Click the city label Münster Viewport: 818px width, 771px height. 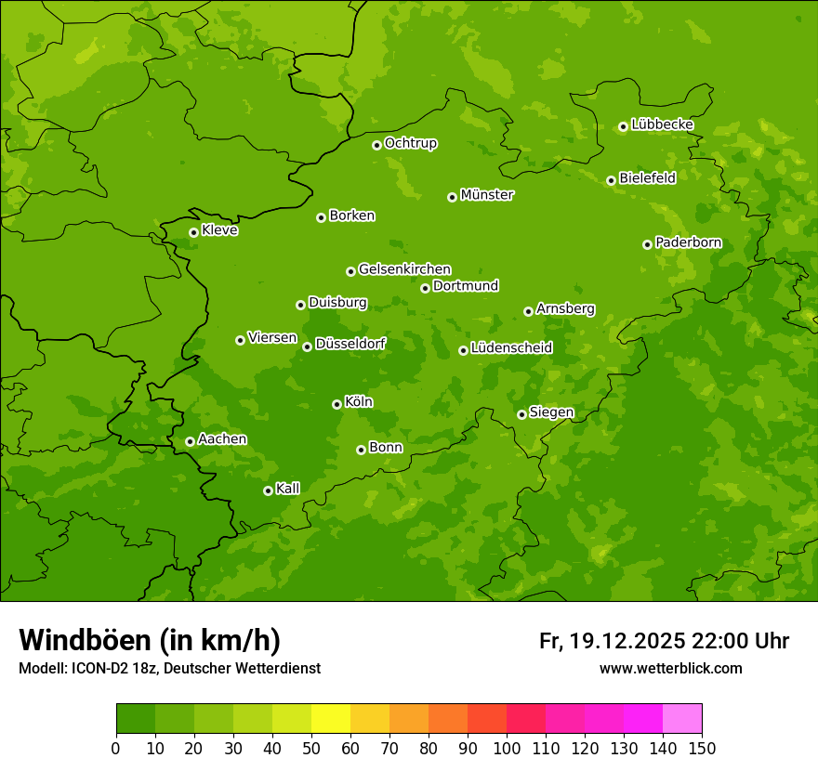(x=487, y=195)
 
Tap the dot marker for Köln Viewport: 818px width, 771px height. (x=336, y=404)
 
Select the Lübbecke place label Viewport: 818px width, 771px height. (x=662, y=124)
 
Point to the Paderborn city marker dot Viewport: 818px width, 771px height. (x=647, y=244)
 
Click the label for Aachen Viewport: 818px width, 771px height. (x=222, y=439)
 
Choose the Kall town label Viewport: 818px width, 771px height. (x=288, y=489)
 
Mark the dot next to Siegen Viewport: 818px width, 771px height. (x=521, y=414)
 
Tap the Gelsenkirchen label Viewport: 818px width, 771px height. (x=404, y=269)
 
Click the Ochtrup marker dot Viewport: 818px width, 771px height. (x=376, y=145)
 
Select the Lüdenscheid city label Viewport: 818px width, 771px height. (x=511, y=348)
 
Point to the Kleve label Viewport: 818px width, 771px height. (x=219, y=230)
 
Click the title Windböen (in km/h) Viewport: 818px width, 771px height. (x=150, y=640)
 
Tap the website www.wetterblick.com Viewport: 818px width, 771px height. (x=670, y=669)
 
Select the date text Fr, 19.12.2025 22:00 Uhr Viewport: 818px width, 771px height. (x=664, y=641)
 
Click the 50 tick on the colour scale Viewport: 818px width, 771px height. (x=310, y=748)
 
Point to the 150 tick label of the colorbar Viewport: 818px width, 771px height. (x=702, y=748)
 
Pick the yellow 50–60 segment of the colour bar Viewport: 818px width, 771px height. (x=330, y=719)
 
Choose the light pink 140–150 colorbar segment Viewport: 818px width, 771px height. (x=681, y=719)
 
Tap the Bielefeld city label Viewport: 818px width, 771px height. (x=647, y=178)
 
